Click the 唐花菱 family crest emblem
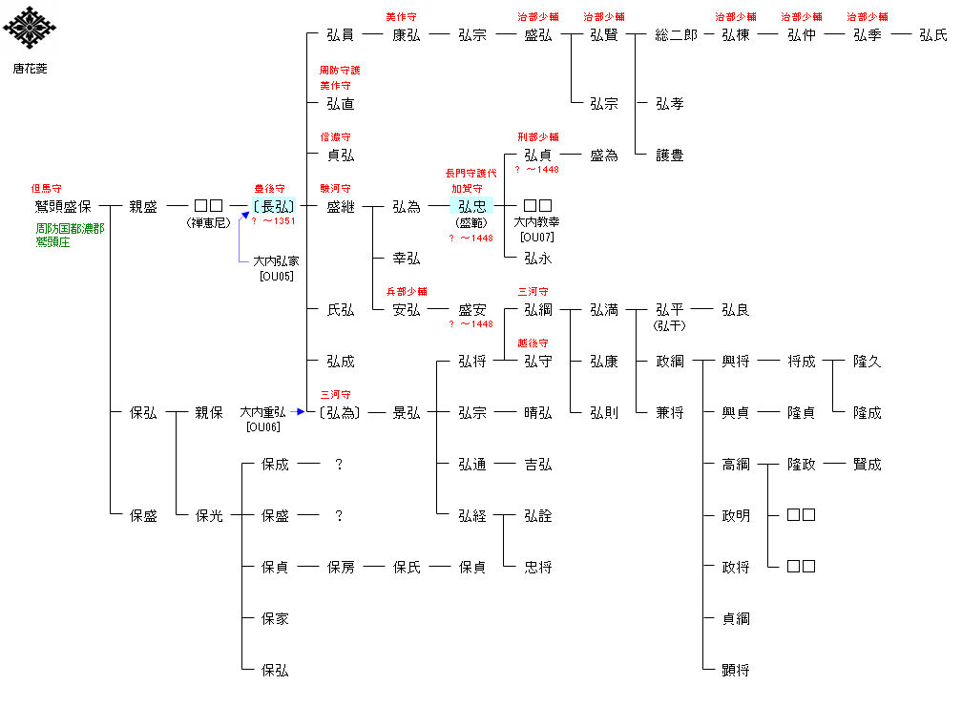[x=30, y=30]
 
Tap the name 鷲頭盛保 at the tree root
[x=63, y=206]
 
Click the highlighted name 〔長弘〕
[x=274, y=206]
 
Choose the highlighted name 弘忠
[x=471, y=206]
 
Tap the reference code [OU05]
[x=276, y=276]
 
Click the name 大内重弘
[x=262, y=412]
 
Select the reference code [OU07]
[x=537, y=237]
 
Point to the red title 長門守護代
[x=471, y=174]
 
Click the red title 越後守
[x=533, y=343]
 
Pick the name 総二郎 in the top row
[x=676, y=34]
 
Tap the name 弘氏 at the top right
[x=933, y=34]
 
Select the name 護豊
[x=670, y=155]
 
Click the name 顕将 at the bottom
[x=736, y=670]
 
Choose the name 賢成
[x=868, y=464]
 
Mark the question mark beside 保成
[x=338, y=464]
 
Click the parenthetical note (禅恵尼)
[x=208, y=222]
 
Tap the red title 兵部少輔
[x=406, y=291]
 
